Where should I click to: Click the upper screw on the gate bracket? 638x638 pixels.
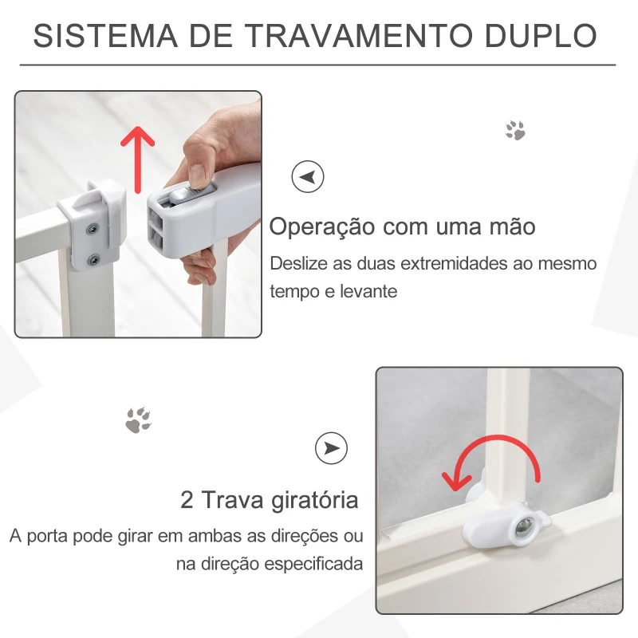94,230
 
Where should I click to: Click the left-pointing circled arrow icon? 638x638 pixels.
308,176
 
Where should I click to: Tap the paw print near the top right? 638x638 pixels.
515,131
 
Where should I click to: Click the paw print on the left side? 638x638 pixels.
138,419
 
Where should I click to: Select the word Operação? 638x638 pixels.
321,226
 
